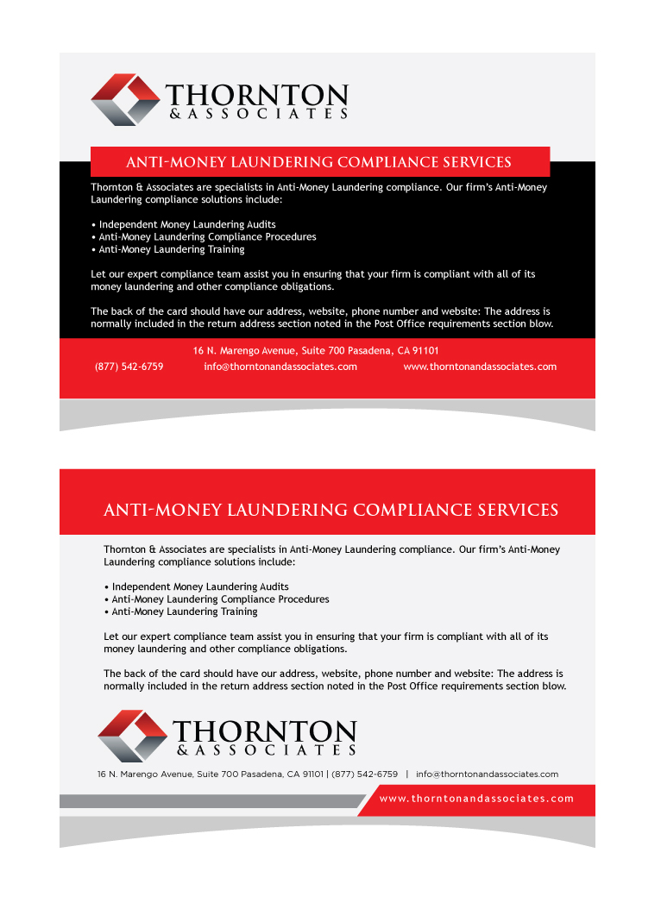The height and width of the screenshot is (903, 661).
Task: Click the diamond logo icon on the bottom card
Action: click(x=132, y=736)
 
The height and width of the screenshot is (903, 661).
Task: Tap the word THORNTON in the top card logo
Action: click(x=256, y=94)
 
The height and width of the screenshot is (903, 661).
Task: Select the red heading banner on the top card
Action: click(x=319, y=162)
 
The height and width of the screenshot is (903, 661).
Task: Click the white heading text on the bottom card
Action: click(x=330, y=511)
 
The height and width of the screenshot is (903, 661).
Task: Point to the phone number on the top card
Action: click(x=129, y=367)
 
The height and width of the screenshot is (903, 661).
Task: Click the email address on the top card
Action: click(x=280, y=367)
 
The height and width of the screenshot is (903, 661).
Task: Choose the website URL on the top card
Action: click(x=480, y=367)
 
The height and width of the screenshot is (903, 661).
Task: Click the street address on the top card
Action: click(x=316, y=351)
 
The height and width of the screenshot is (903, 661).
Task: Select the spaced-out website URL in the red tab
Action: click(x=476, y=799)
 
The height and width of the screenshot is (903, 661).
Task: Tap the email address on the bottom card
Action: click(x=487, y=774)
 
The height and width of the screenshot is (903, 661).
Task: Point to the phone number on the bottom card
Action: click(x=365, y=774)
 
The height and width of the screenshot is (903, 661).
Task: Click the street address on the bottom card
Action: click(x=210, y=774)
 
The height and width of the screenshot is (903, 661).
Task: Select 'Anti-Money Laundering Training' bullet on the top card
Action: click(x=171, y=249)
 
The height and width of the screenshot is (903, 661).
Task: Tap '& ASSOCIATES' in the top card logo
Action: click(x=258, y=113)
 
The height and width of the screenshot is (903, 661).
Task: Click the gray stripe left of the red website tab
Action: click(x=207, y=801)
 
